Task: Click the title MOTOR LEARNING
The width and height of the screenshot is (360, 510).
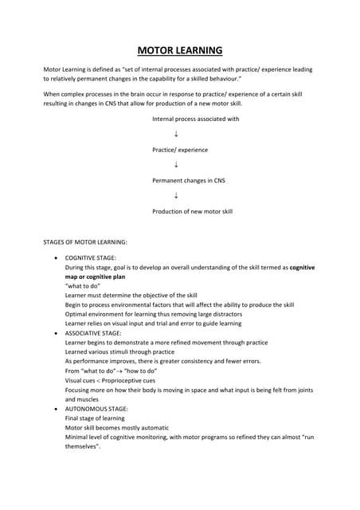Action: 180,51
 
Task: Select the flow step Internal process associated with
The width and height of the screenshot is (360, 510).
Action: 195,119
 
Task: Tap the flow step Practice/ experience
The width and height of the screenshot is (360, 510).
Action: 180,150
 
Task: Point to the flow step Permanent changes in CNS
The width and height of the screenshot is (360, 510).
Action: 189,181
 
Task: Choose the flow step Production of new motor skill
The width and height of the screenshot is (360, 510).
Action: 192,211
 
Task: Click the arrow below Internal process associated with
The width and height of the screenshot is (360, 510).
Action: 175,134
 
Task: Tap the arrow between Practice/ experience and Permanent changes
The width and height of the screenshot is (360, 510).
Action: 175,165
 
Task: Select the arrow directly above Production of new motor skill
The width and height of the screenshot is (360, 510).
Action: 175,196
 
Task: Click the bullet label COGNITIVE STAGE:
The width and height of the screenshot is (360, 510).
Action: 91,259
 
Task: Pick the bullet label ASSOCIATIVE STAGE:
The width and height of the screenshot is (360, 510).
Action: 93,333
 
